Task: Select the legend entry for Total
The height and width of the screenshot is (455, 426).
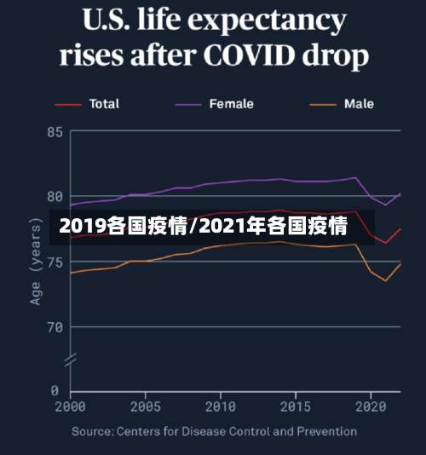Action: (104, 104)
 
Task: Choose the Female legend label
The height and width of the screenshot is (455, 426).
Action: (232, 104)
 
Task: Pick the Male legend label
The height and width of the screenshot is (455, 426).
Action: (359, 104)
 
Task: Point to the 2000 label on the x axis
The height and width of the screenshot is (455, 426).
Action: (71, 406)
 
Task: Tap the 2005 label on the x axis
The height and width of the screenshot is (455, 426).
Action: (146, 406)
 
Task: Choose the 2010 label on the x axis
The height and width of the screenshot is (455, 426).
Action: (221, 406)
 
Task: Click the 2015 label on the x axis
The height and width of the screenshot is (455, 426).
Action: (296, 406)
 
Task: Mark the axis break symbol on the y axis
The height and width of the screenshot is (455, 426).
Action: (71, 360)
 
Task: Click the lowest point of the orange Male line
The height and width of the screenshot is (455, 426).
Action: (386, 280)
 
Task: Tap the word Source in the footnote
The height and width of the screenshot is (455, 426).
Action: (92, 432)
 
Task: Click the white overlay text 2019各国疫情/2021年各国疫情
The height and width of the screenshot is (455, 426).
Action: (204, 227)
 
